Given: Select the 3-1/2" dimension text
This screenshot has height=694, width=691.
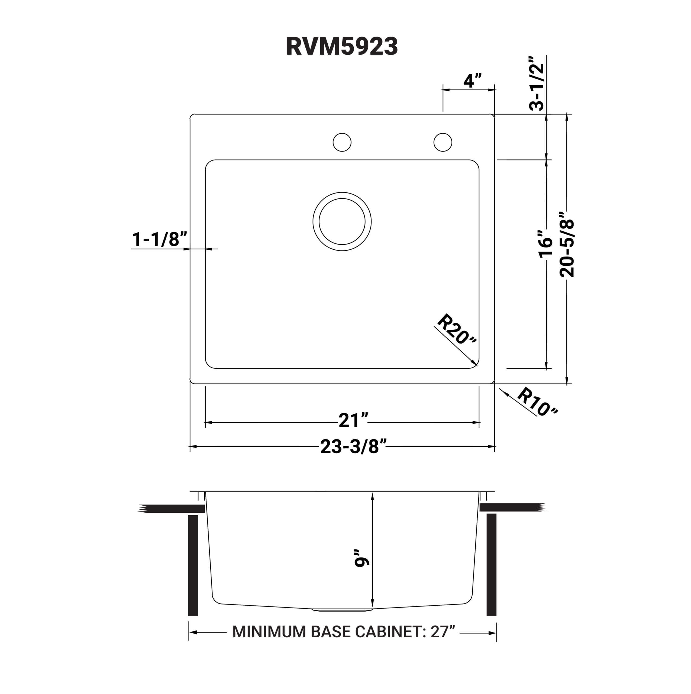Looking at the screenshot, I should (x=537, y=83).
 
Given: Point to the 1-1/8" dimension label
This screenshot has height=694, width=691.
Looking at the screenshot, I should (x=160, y=239).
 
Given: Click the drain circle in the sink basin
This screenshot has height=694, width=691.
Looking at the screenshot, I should (x=342, y=222).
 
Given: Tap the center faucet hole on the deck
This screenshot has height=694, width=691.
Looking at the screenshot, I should (x=342, y=142).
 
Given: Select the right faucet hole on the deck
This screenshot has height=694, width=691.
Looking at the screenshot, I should (x=443, y=142).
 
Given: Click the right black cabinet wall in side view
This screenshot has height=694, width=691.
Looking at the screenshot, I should (x=491, y=565).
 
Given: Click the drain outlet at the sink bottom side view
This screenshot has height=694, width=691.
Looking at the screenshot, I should (x=342, y=610).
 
